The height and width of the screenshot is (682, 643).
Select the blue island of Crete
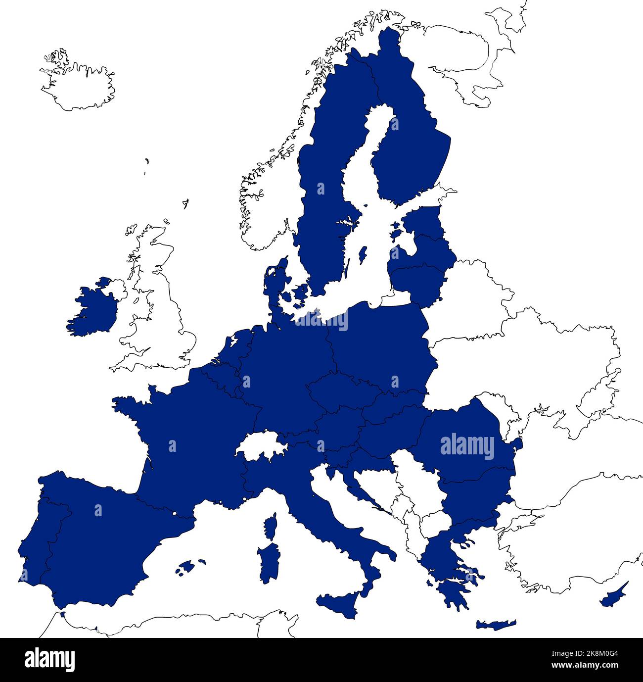496,625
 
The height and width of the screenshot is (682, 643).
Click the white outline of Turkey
569,549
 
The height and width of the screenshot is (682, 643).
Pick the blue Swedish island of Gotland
363,255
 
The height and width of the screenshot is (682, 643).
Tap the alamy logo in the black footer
49,660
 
